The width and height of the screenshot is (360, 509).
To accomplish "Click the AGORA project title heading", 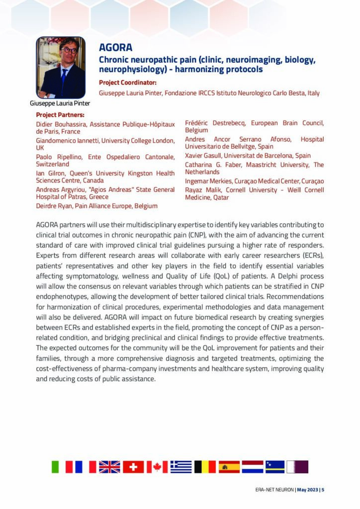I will click(x=115, y=48).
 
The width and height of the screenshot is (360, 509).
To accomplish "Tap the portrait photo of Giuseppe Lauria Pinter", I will click(x=61, y=68).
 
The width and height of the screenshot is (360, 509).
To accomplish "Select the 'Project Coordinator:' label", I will click(x=128, y=83).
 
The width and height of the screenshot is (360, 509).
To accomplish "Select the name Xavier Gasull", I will click(x=205, y=156).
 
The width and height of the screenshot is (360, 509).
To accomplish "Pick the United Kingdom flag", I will click(x=109, y=467).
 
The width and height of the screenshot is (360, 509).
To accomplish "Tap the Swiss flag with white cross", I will click(x=133, y=467).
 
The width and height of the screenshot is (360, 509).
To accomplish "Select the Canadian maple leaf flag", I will click(x=157, y=467).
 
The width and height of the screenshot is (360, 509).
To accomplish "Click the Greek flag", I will click(x=181, y=467).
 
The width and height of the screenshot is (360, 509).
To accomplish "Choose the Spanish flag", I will click(x=229, y=467).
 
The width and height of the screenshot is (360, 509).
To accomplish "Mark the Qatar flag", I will click(x=297, y=467).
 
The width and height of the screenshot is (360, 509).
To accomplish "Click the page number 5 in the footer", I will click(x=323, y=490).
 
